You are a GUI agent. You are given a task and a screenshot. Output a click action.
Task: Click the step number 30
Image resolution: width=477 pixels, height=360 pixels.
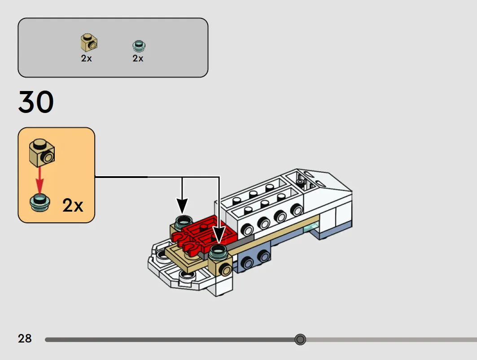36,102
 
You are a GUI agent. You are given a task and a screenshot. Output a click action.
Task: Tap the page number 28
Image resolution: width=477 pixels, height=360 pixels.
25,338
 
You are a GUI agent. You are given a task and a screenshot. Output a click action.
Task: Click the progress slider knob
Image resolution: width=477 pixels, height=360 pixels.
300,339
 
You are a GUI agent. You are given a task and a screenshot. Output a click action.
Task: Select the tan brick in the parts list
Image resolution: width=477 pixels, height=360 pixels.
89,43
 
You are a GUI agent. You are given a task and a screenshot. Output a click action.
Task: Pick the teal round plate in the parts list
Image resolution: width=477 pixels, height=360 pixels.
139,46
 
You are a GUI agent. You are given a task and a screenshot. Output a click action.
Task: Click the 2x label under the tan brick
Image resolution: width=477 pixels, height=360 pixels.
87,58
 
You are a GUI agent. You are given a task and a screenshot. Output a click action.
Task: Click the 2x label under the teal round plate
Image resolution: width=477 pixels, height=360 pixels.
138,58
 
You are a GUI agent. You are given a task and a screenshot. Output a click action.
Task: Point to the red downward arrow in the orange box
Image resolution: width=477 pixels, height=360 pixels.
39,181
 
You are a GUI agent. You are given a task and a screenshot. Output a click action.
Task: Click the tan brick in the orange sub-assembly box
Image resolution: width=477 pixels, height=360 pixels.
42,153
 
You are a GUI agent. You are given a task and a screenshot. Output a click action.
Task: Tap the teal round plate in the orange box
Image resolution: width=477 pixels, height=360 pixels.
39,203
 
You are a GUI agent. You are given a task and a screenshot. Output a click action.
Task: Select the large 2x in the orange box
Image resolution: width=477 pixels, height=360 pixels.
73,205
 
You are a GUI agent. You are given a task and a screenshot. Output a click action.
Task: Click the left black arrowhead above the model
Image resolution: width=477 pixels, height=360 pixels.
182,206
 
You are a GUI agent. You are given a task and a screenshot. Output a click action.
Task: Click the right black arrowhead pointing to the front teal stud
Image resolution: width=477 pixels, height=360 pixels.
219,237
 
